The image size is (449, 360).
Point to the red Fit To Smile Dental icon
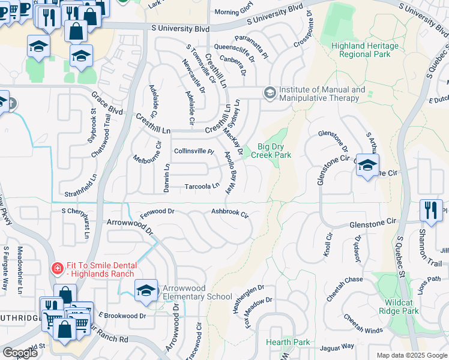tap(56, 268)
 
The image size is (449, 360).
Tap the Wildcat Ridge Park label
tap(399, 306)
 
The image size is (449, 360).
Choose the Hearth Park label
tap(288, 342)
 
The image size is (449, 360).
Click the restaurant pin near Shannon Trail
tap(431, 209)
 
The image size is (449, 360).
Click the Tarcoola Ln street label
tap(202, 186)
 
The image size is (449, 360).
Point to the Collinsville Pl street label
tap(194, 152)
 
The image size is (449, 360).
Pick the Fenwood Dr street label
tap(157, 211)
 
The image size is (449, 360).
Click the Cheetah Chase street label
tap(345, 280)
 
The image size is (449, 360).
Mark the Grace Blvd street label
tap(107, 106)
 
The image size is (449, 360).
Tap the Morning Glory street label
tap(235, 12)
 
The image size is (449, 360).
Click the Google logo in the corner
tap(20, 352)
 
